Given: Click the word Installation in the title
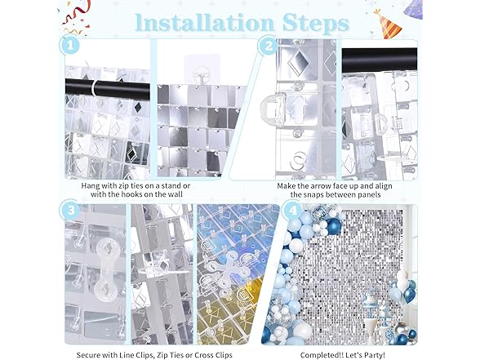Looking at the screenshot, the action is point(204,22).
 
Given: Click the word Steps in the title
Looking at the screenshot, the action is point(316,23).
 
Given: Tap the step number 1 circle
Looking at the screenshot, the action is point(70,46).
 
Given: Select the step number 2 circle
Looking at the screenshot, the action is point(269,47).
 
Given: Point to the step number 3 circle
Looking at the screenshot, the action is point(71,210).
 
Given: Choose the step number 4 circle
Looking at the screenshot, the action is point(293,210).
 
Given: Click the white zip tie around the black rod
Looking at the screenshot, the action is point(96,89).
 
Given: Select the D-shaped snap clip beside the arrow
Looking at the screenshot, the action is point(273,109).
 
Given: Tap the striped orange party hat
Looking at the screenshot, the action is point(388,24).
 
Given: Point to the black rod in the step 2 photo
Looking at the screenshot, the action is point(380,60).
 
